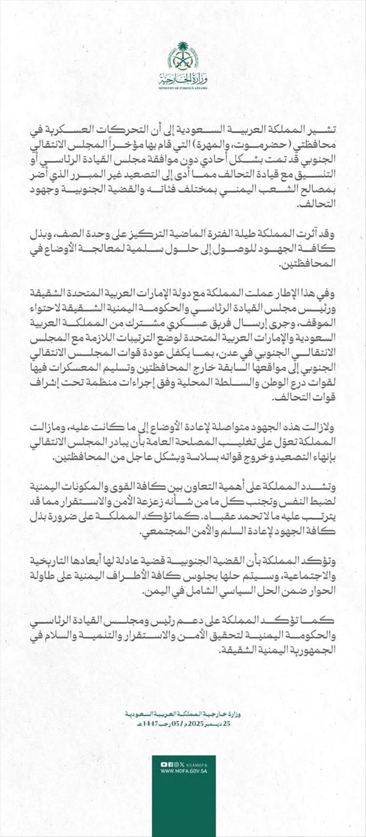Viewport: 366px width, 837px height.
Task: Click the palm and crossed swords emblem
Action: click(183, 58)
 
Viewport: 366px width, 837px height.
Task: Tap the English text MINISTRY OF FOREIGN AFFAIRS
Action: click(183, 88)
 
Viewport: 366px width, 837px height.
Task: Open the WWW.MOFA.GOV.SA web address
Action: click(183, 771)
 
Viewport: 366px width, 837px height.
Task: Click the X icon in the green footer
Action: click(182, 764)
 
